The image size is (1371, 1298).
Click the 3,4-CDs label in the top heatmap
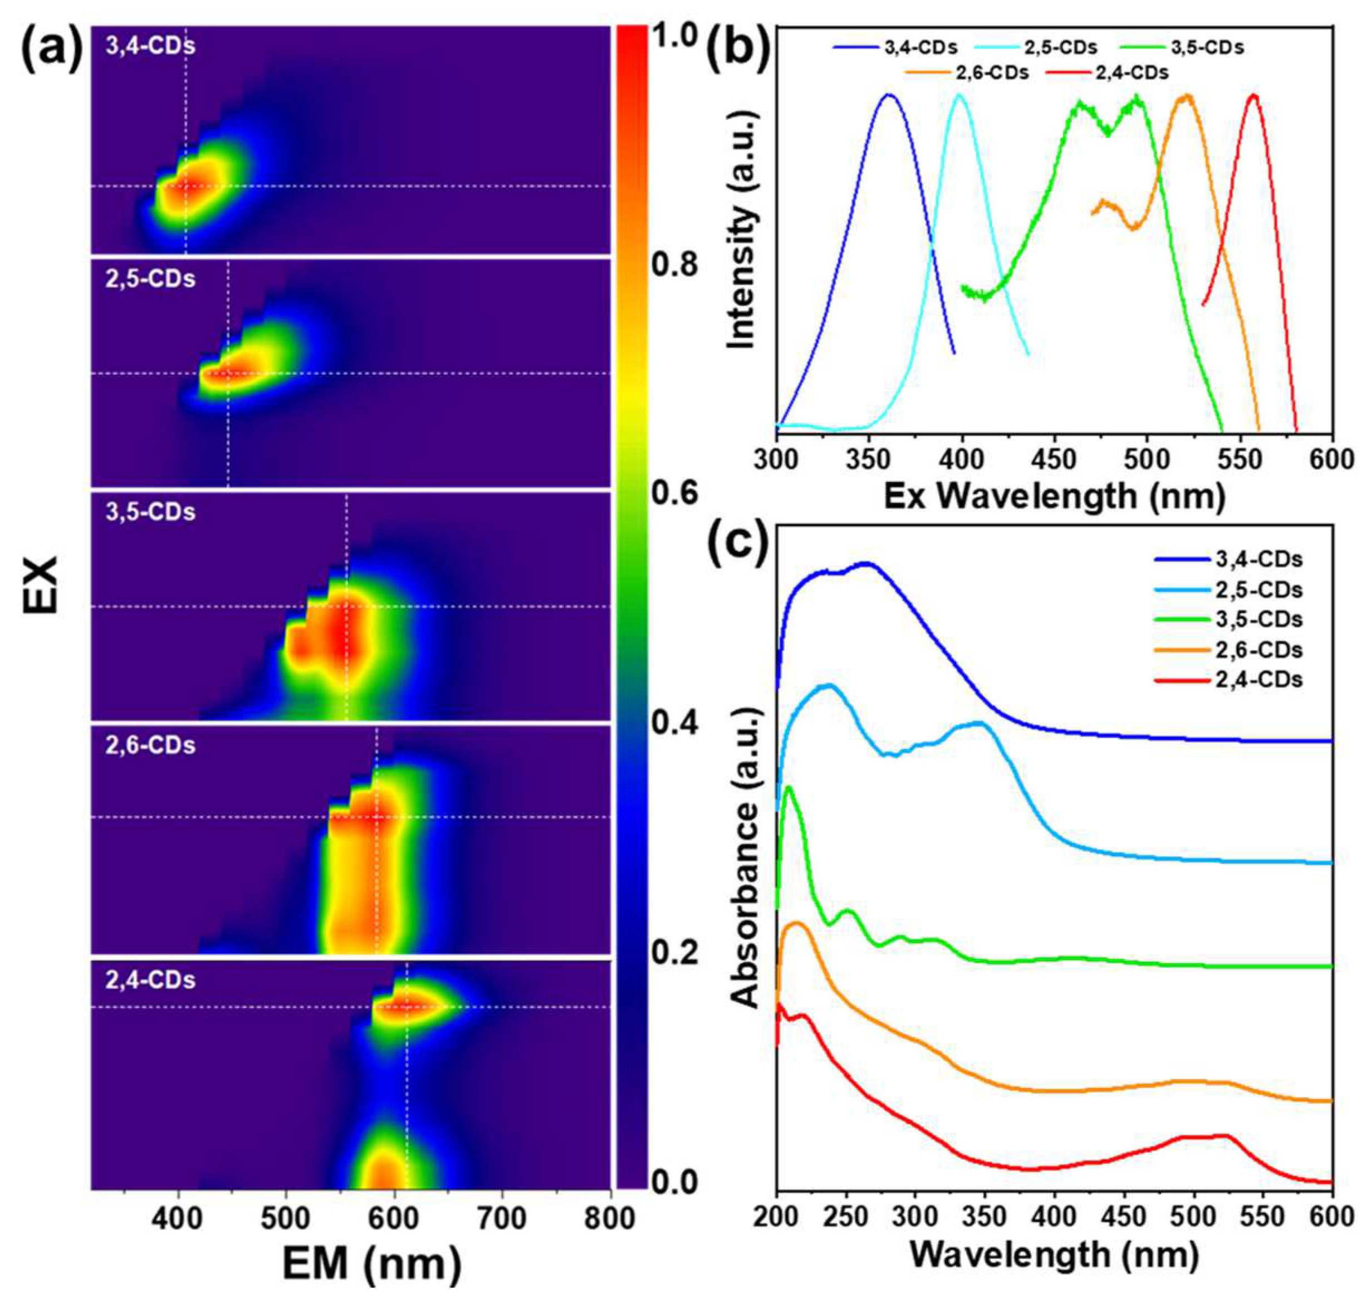[150, 46]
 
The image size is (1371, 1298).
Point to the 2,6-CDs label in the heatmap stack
[150, 746]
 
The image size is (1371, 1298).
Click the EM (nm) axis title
[371, 1263]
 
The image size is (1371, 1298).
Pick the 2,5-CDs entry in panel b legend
[1037, 48]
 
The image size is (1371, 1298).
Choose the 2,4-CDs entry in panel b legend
[1106, 72]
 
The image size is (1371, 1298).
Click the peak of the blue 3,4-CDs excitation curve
[889, 95]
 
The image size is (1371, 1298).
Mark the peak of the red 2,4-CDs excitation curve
[1253, 95]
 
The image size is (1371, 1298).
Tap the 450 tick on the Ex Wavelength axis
[1054, 458]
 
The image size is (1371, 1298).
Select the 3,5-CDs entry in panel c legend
[1238, 619]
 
